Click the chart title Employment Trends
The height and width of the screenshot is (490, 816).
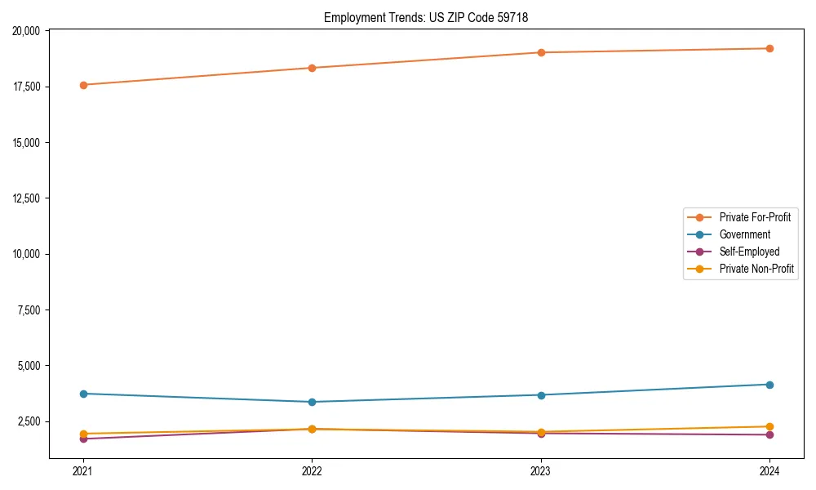point(426,17)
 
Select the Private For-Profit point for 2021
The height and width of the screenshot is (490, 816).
point(82,85)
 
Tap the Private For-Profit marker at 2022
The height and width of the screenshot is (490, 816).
point(312,68)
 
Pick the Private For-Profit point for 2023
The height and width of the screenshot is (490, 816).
point(541,52)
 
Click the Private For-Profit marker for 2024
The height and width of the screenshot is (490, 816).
point(769,48)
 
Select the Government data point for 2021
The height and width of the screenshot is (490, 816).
point(82,394)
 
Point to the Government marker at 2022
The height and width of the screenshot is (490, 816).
point(312,402)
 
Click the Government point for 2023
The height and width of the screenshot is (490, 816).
point(541,395)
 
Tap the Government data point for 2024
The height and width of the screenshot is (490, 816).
point(769,385)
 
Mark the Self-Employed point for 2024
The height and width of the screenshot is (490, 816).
point(769,434)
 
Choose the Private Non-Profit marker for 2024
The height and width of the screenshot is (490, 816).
point(769,426)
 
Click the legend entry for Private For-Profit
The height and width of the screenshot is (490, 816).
point(755,217)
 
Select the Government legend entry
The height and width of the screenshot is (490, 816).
point(744,234)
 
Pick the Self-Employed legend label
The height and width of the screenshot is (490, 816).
point(749,252)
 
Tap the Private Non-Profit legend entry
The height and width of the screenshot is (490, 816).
point(756,269)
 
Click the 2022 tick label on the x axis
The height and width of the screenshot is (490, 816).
point(312,470)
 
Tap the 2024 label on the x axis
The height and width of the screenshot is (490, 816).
point(769,470)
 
